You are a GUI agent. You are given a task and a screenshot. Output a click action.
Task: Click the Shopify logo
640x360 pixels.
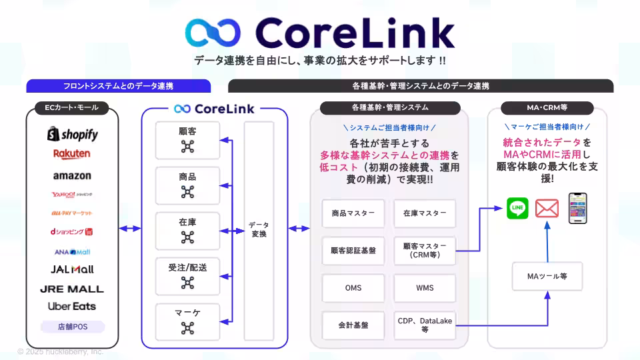pyautogui.click(x=73, y=135)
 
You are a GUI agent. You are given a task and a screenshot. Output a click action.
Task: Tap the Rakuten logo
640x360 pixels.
pyautogui.click(x=72, y=154)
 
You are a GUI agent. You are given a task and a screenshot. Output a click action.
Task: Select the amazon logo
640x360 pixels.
pyautogui.click(x=72, y=176)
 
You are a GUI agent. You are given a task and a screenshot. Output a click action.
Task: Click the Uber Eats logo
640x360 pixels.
pyautogui.click(x=72, y=307)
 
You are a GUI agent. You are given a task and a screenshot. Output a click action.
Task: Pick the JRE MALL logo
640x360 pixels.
pyautogui.click(x=72, y=289)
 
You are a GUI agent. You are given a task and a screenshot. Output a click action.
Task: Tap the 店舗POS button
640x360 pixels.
pyautogui.click(x=72, y=327)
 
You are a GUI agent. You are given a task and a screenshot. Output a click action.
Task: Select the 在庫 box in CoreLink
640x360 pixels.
pyautogui.click(x=187, y=230)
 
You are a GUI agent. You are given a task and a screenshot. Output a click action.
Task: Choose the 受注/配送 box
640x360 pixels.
pyautogui.click(x=187, y=275)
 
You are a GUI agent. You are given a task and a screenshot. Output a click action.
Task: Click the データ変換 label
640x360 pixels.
pyautogui.click(x=259, y=230)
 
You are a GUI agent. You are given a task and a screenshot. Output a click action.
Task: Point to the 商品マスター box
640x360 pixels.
pyautogui.click(x=353, y=214)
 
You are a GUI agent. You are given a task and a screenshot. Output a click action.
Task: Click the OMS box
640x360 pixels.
pyautogui.click(x=353, y=288)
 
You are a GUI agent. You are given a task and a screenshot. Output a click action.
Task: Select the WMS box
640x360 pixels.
pyautogui.click(x=425, y=288)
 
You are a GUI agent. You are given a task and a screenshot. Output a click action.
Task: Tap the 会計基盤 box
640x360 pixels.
pyautogui.click(x=353, y=325)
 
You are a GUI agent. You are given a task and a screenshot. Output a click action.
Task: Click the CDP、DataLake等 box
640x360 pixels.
pyautogui.click(x=425, y=325)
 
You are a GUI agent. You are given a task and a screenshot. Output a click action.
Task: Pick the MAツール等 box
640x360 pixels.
pyautogui.click(x=546, y=276)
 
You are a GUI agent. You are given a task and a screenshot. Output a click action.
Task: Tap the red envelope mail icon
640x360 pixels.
pyautogui.click(x=547, y=209)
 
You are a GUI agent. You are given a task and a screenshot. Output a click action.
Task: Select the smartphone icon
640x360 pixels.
pyautogui.click(x=577, y=208)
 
